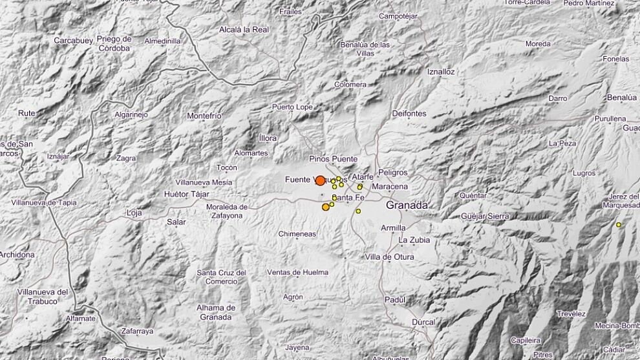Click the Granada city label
(x=407, y=205)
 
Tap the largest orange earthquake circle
(x=320, y=181)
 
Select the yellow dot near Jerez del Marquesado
(x=619, y=224)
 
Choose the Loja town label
(x=134, y=212)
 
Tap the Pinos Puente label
(x=334, y=158)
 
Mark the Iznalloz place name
(x=441, y=72)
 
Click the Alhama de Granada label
(x=216, y=312)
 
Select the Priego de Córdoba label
(x=114, y=43)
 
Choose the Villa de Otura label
(x=389, y=257)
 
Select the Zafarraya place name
(x=136, y=331)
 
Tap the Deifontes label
(x=409, y=114)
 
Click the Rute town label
(x=27, y=113)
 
